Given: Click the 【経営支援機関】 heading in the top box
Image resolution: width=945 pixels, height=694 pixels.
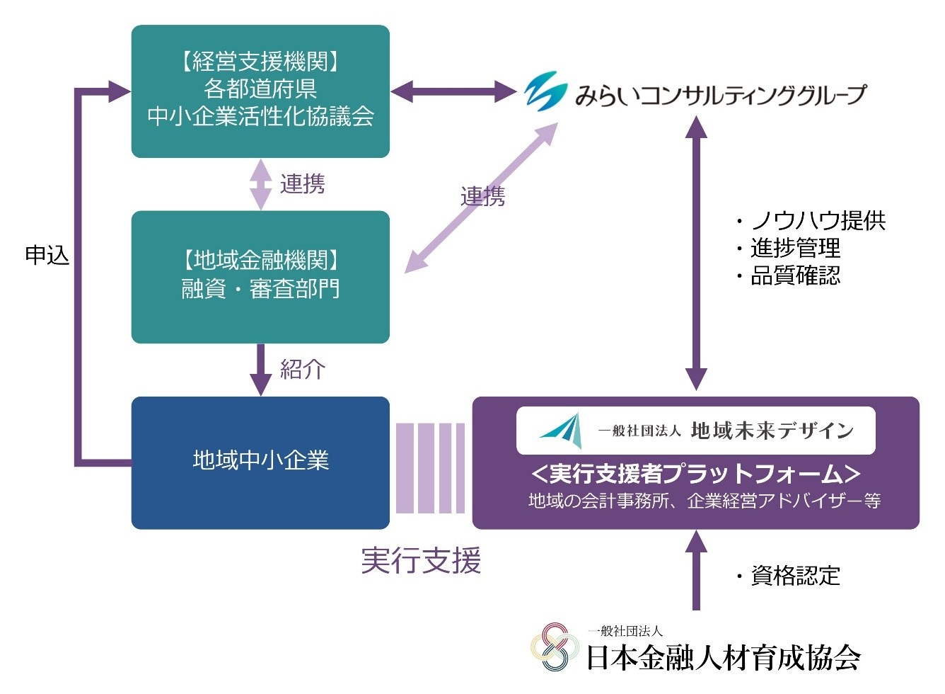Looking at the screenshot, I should (x=260, y=62).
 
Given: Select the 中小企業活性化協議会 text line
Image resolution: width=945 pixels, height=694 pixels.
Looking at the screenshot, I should (x=260, y=116).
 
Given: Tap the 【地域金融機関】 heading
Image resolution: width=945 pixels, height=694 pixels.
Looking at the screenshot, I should (x=260, y=261).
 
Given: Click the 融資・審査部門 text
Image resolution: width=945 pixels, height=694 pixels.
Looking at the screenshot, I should (x=260, y=289).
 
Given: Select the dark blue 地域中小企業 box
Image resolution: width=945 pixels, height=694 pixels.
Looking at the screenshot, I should (x=260, y=462).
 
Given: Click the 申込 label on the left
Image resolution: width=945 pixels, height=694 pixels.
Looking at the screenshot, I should (x=47, y=255).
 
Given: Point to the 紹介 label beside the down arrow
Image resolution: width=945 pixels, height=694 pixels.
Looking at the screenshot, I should (x=303, y=369).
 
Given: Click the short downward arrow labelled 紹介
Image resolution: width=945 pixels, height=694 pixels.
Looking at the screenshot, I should (x=261, y=370).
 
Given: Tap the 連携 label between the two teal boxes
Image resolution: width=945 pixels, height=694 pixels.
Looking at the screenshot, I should (x=303, y=184).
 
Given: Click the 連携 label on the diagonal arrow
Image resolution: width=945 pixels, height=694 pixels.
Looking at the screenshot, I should (x=483, y=197).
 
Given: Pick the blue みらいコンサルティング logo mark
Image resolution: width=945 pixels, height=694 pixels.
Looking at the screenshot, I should (x=545, y=93).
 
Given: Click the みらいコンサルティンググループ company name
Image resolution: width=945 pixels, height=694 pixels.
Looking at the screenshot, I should (x=720, y=95).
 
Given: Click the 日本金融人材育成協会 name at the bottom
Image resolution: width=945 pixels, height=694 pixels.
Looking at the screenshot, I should (x=723, y=658).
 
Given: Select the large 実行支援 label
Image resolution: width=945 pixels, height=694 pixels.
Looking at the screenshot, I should (x=421, y=561).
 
